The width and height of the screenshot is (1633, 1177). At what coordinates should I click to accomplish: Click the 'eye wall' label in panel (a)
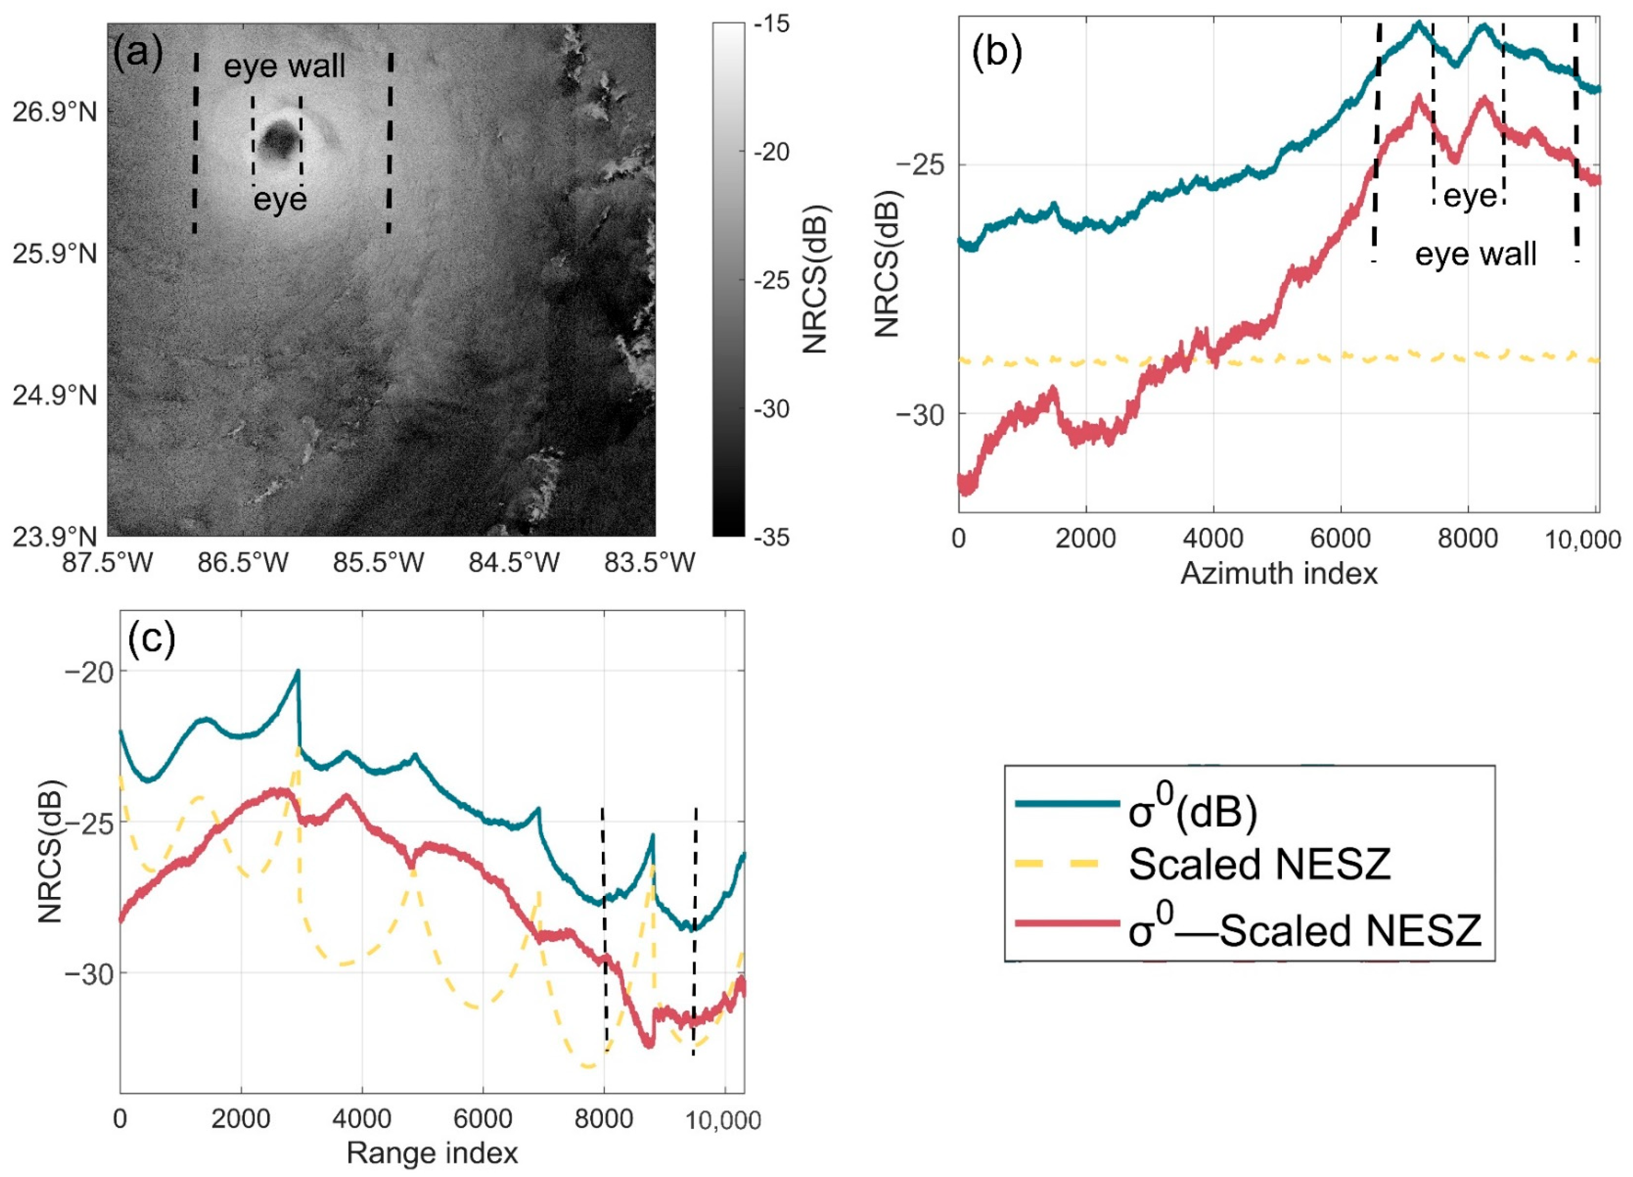click(x=284, y=66)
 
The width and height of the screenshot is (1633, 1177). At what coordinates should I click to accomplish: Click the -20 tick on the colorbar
click(x=771, y=152)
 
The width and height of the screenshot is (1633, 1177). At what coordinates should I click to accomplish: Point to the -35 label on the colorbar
click(x=771, y=537)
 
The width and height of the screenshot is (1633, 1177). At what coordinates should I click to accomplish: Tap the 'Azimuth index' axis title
click(x=1279, y=574)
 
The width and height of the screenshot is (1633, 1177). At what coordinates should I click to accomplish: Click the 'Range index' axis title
click(x=432, y=1153)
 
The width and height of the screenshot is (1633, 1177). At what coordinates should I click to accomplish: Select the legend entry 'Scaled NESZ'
click(x=1259, y=864)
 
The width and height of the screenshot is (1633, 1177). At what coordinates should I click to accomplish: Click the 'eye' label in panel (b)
click(x=1470, y=196)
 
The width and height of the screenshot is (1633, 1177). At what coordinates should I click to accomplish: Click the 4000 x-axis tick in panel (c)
click(x=362, y=1119)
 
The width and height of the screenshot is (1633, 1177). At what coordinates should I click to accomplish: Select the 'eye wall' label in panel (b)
click(x=1476, y=254)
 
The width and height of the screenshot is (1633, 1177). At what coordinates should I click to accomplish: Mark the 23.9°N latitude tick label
click(x=54, y=537)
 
